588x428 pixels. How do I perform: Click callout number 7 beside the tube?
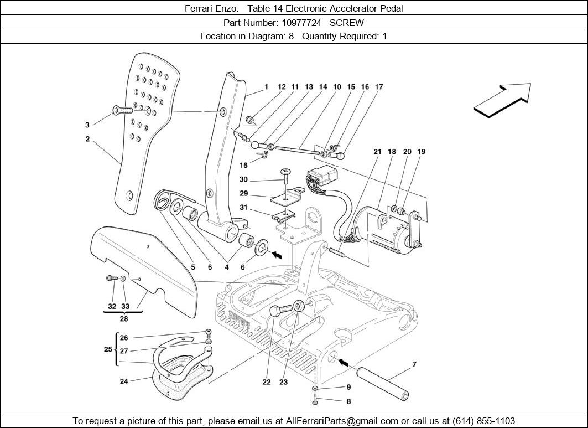[x=414, y=364]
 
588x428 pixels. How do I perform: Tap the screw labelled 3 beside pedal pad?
[x=123, y=110]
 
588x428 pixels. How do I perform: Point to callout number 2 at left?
[x=87, y=140]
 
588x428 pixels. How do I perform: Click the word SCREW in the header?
[x=347, y=23]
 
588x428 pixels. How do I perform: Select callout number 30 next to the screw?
[x=243, y=179]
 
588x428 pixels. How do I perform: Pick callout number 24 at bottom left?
[x=124, y=381]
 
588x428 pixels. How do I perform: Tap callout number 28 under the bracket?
[x=124, y=318]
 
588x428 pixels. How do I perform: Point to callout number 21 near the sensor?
[x=377, y=152]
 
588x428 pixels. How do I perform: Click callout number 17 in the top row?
[x=379, y=87]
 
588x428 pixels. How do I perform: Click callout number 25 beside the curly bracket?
[x=108, y=349]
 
